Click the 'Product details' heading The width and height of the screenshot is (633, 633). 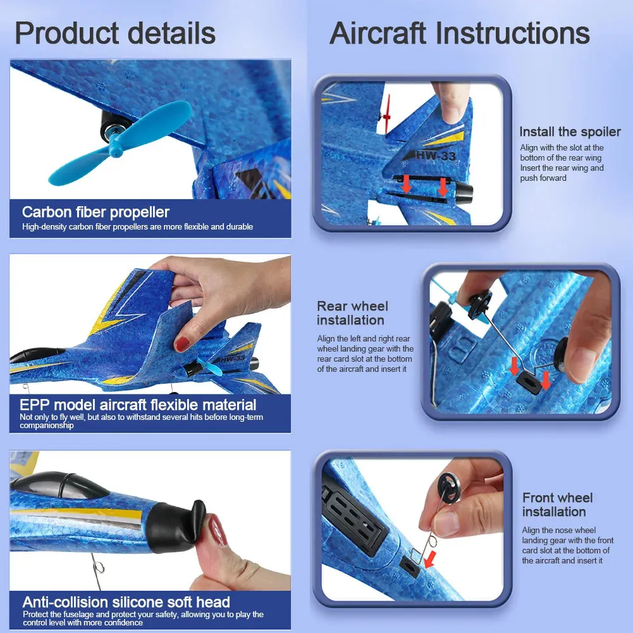pyautogui.click(x=115, y=33)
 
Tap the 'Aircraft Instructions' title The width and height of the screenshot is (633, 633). pyautogui.click(x=459, y=33)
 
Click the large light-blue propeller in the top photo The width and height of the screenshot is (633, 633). pyautogui.click(x=120, y=143)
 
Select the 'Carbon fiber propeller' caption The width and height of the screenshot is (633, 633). pyautogui.click(x=95, y=212)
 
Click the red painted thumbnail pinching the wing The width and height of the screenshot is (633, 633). pyautogui.click(x=182, y=345)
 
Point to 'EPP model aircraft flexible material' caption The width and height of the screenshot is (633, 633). pyautogui.click(x=138, y=405)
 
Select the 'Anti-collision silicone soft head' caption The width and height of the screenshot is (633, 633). pyautogui.click(x=126, y=602)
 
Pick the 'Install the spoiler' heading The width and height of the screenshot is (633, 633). pyautogui.click(x=570, y=132)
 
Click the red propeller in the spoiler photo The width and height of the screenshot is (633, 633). pyautogui.click(x=387, y=114)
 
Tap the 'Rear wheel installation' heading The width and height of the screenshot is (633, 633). pyautogui.click(x=352, y=313)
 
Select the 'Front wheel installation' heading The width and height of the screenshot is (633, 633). pyautogui.click(x=558, y=505)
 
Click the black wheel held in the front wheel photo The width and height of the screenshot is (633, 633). pyautogui.click(x=449, y=488)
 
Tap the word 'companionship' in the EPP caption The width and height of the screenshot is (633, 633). pyautogui.click(x=46, y=426)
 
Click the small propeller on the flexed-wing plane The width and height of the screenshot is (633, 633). pyautogui.click(x=209, y=367)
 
